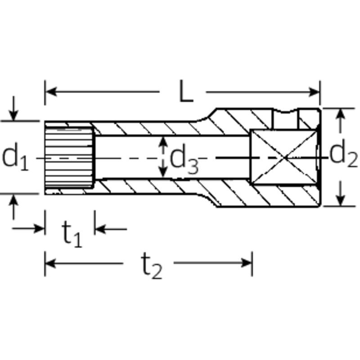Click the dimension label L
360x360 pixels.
pyautogui.click(x=186, y=91)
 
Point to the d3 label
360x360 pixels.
pyautogui.click(x=184, y=159)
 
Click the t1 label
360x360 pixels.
pyautogui.click(x=72, y=234)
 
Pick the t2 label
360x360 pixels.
pyautogui.click(x=152, y=266)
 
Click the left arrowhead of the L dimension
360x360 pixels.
pyautogui.click(x=51, y=92)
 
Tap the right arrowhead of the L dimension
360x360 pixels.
pyautogui.click(x=314, y=92)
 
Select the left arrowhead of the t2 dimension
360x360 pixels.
pyautogui.click(x=50, y=263)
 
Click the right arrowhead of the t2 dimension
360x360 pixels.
pyautogui.click(x=247, y=263)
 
